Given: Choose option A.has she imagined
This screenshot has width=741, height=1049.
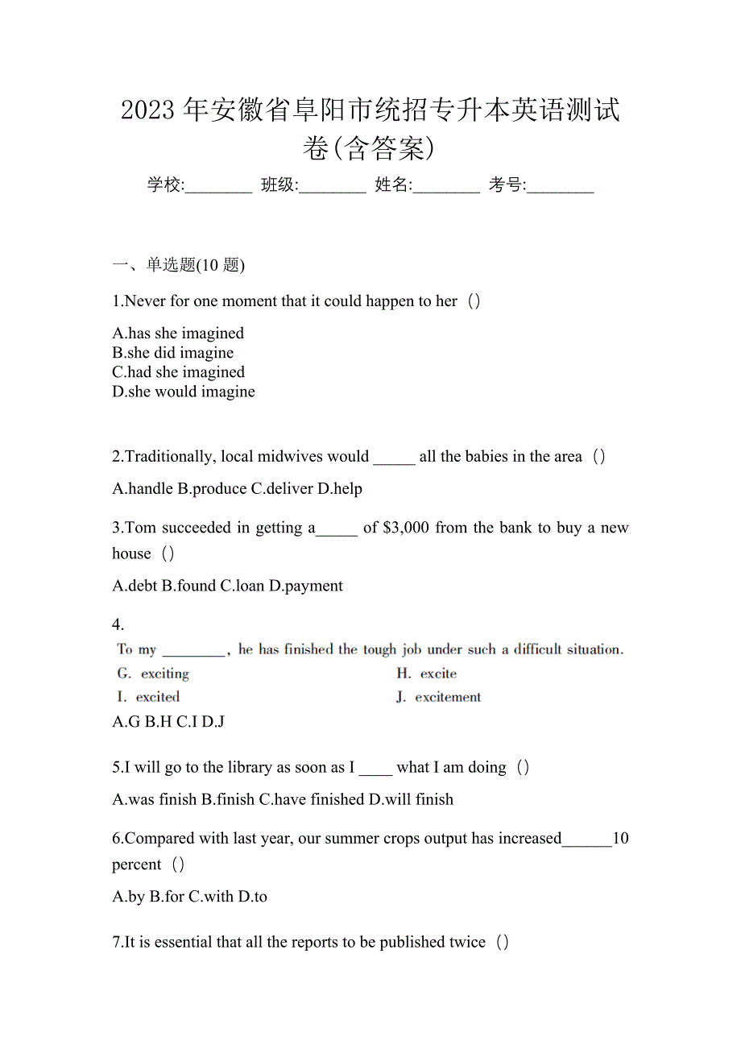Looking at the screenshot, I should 178,334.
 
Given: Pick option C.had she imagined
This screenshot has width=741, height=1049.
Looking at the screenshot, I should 178,372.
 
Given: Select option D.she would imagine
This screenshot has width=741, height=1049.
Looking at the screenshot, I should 184,392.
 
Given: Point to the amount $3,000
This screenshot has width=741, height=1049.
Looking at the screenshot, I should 406,529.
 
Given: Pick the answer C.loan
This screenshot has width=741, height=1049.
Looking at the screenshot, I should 242,586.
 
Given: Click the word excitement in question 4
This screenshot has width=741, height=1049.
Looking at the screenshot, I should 448,697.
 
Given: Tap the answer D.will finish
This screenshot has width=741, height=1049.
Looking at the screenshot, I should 411,800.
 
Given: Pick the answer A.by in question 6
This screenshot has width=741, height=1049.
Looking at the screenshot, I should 129,897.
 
